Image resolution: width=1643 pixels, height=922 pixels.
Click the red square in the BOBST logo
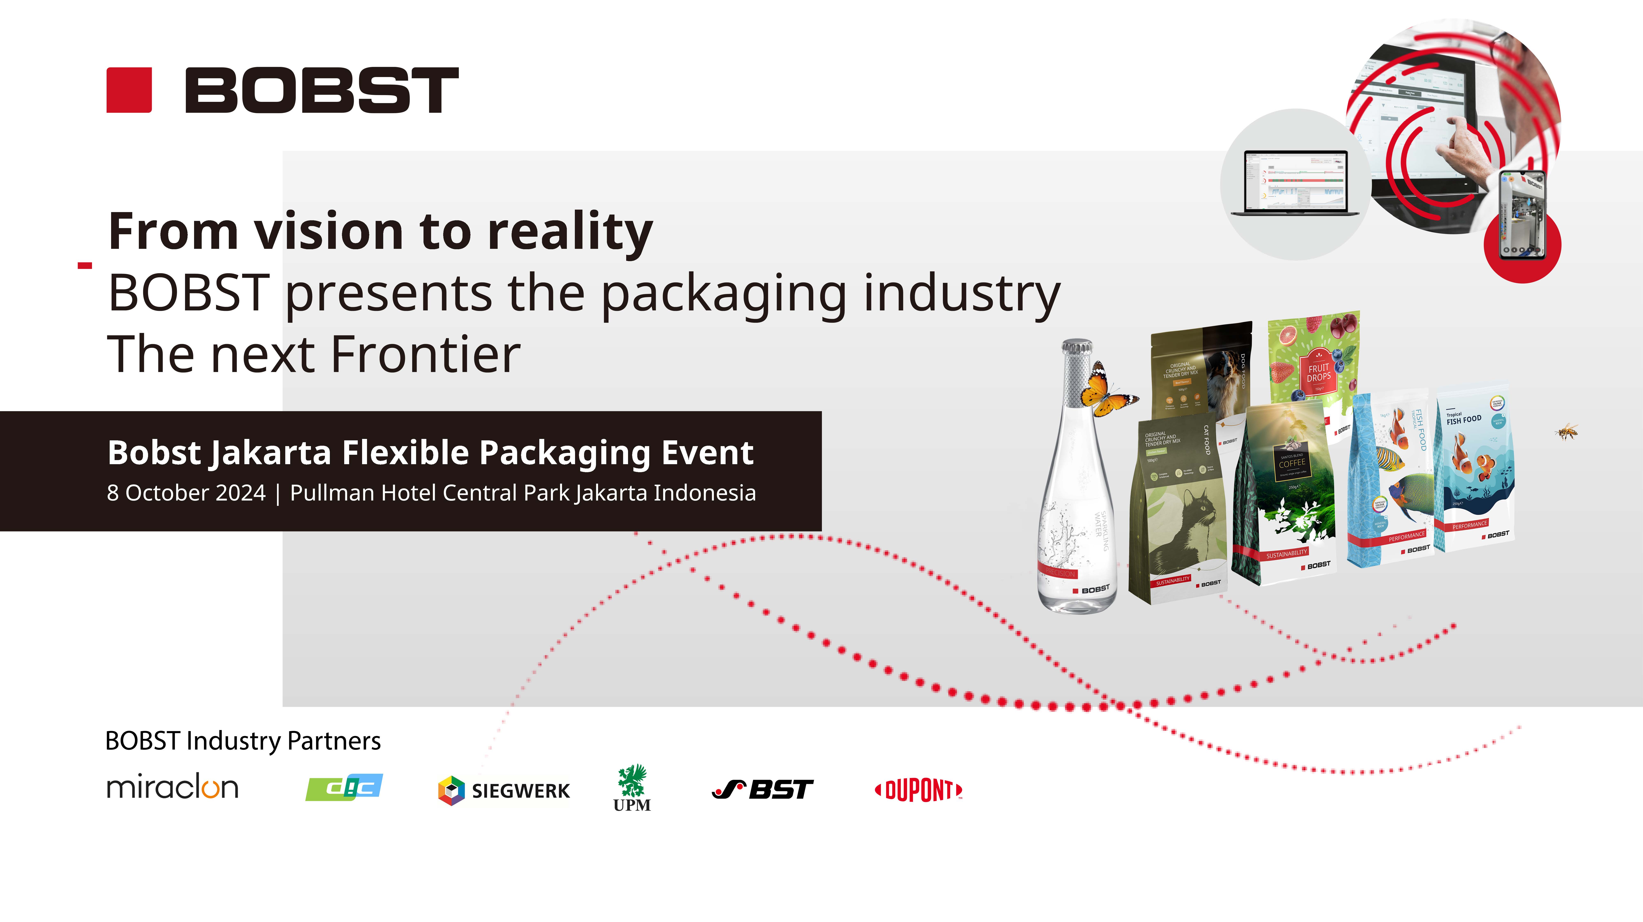point(129,90)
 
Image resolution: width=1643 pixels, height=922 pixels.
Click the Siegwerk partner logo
point(504,791)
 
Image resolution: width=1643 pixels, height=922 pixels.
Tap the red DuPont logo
point(918,791)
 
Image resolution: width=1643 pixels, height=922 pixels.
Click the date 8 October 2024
point(186,493)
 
